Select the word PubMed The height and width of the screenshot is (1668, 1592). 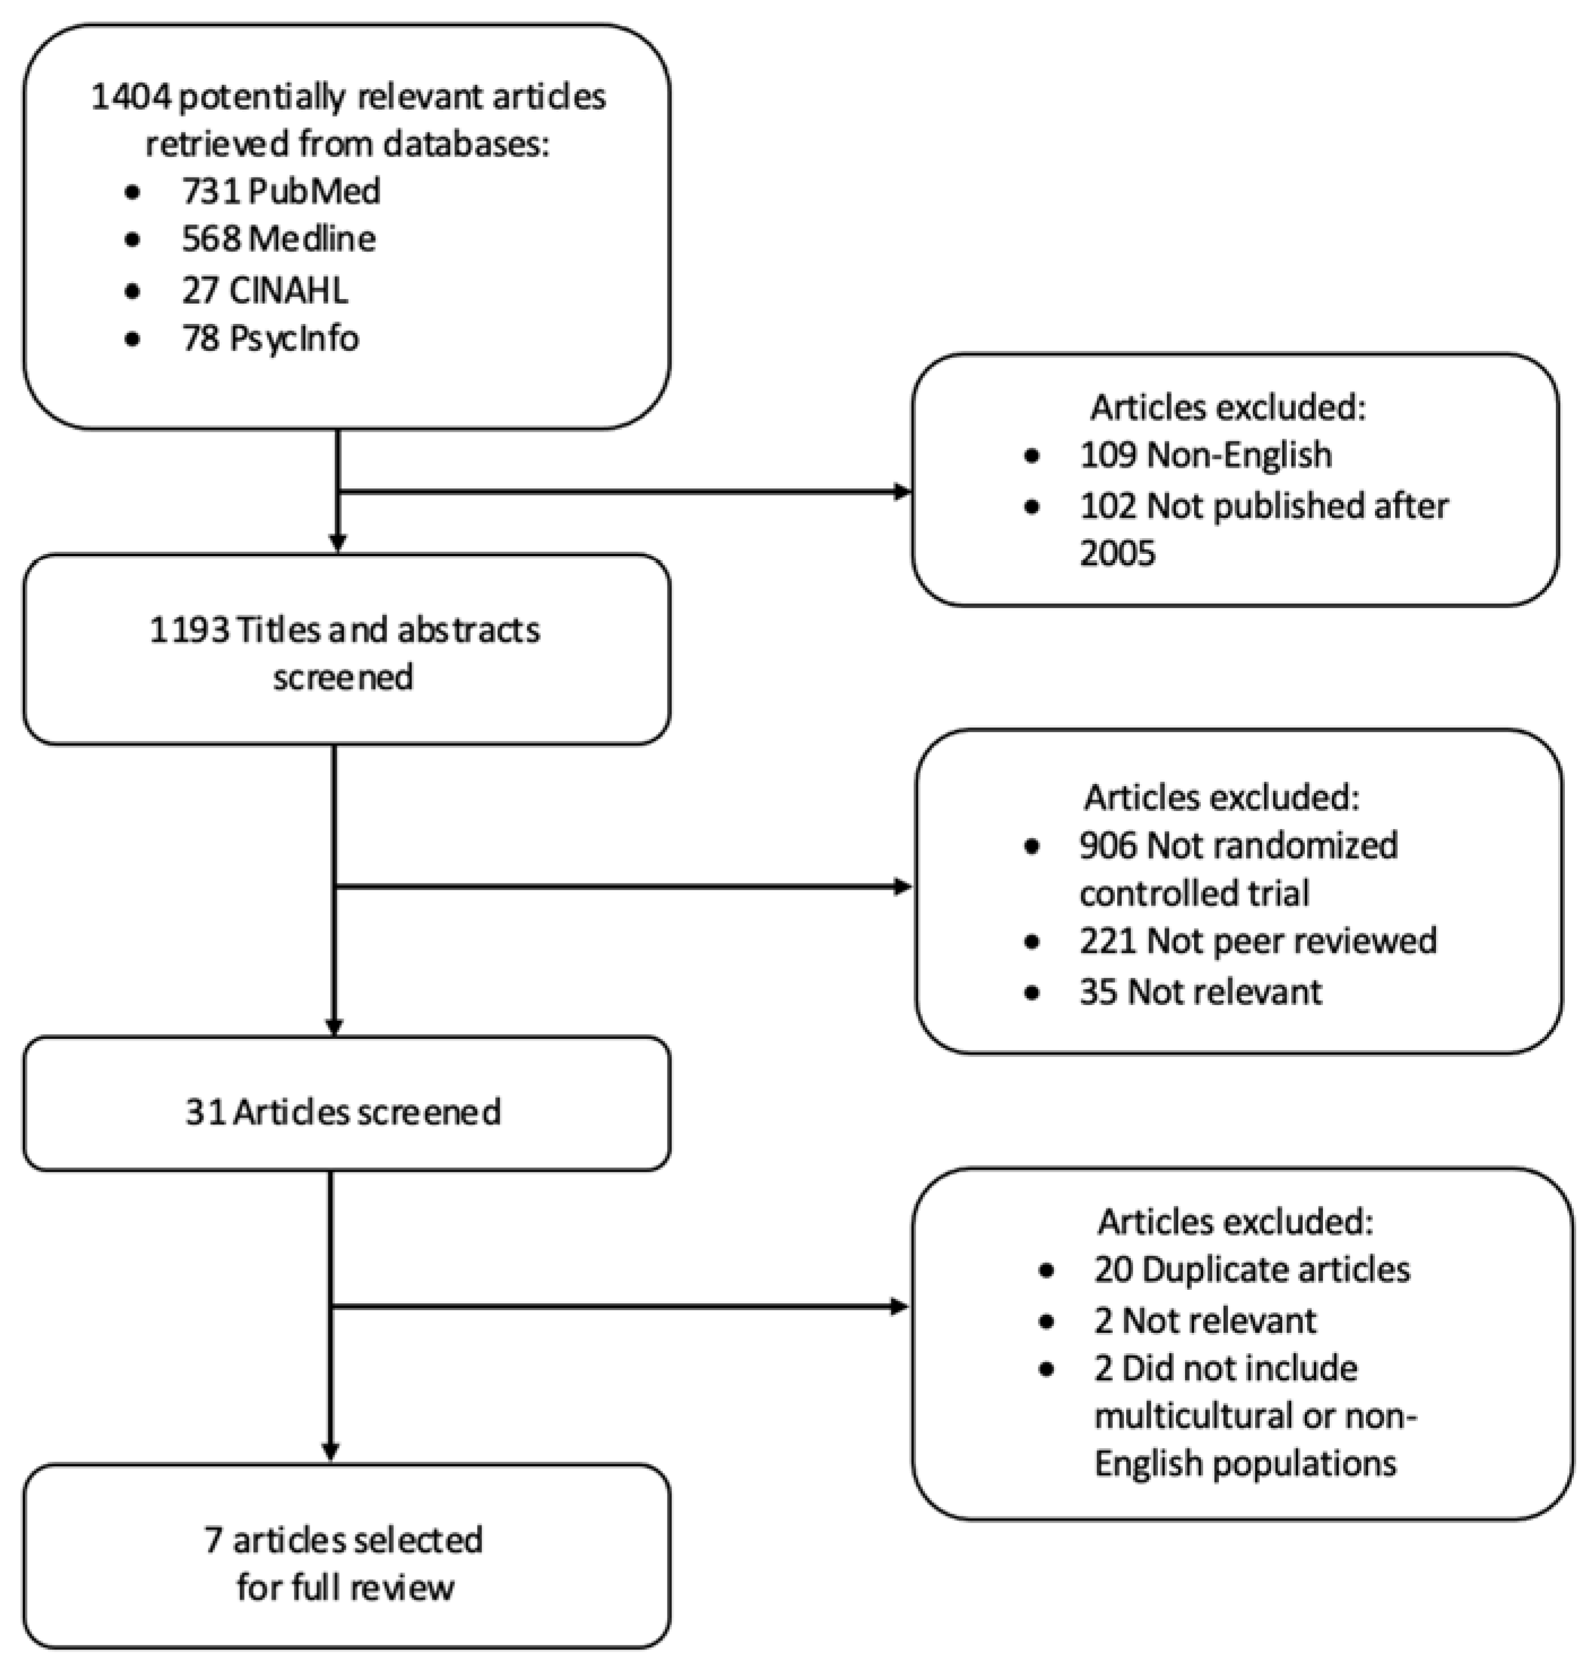(x=315, y=191)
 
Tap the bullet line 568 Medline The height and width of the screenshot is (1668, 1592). (x=279, y=239)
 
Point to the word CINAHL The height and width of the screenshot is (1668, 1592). (x=288, y=291)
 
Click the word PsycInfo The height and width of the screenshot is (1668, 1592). (x=294, y=338)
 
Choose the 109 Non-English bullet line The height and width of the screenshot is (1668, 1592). (x=1205, y=455)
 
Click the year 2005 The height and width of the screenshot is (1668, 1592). (x=1117, y=553)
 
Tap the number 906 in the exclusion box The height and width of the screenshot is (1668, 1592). (x=1108, y=846)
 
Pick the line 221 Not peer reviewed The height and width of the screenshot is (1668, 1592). (x=1257, y=941)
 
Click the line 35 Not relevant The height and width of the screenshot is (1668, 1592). (x=1200, y=991)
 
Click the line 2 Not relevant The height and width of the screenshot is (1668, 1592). (x=1205, y=1321)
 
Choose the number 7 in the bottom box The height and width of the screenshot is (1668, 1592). (x=213, y=1540)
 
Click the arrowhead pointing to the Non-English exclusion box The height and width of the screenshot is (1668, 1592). (x=903, y=492)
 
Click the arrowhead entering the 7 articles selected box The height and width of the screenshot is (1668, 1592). (x=331, y=1453)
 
